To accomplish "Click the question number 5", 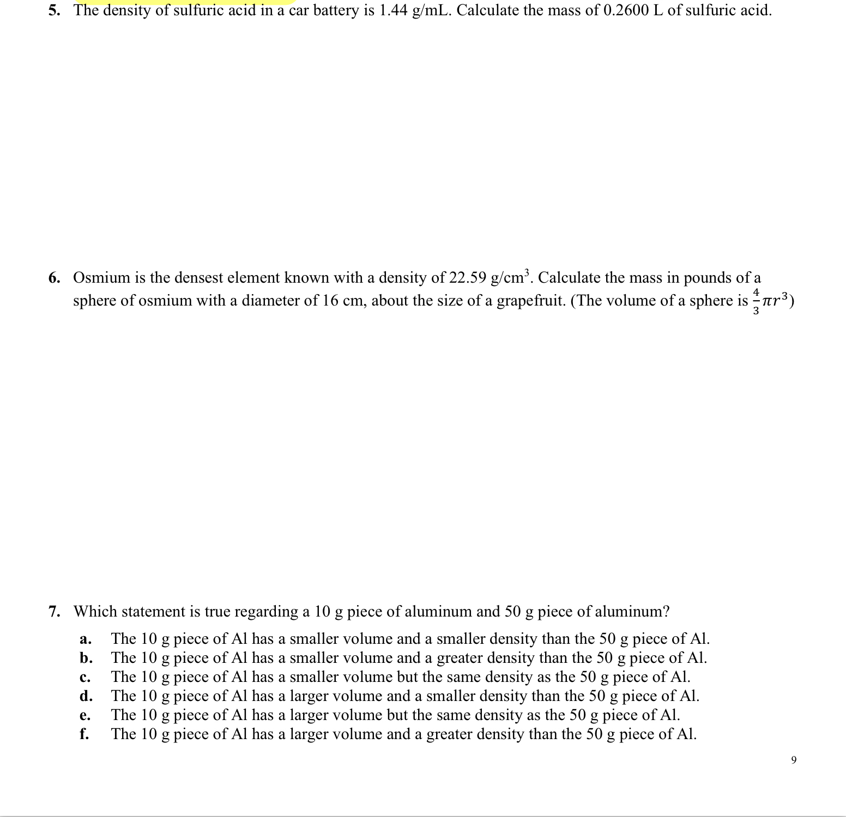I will pyautogui.click(x=53, y=10).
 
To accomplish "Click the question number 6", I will pyautogui.click(x=53, y=278).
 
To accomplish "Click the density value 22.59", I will pyautogui.click(x=467, y=278).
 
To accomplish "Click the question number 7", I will pyautogui.click(x=53, y=612).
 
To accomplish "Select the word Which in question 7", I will pyautogui.click(x=95, y=612).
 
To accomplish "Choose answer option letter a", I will pyautogui.click(x=84, y=639).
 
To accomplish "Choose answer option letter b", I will pyautogui.click(x=85, y=658).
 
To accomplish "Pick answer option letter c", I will pyautogui.click(x=84, y=677).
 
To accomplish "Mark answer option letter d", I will pyautogui.click(x=85, y=696).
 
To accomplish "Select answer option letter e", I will pyautogui.click(x=84, y=715).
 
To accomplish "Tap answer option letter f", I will pyautogui.click(x=84, y=734).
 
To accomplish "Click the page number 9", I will pyautogui.click(x=793, y=760).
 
